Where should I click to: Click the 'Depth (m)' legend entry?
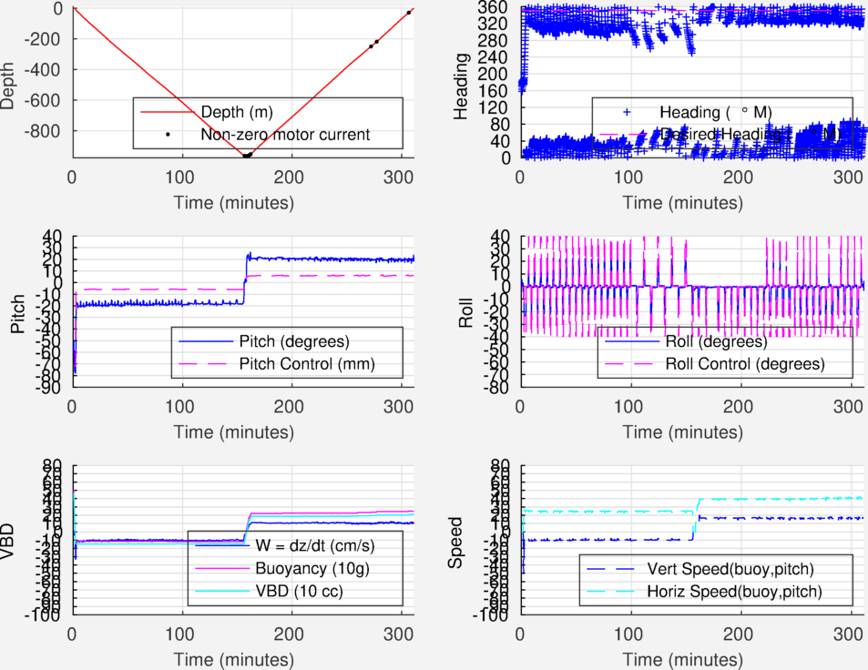click(235, 112)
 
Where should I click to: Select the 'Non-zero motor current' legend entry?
click(285, 135)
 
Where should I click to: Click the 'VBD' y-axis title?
click(9, 540)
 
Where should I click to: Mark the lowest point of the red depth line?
click(246, 156)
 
